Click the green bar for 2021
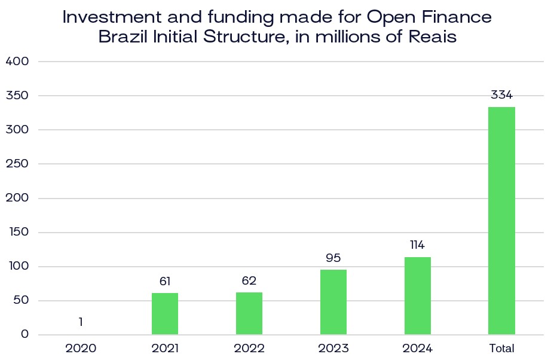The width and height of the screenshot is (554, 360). pos(165,313)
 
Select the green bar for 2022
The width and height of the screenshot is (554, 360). pos(249,313)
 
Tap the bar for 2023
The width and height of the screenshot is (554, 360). pos(333,302)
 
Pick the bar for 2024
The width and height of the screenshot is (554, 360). pos(418,295)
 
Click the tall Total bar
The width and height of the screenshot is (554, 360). pos(501,221)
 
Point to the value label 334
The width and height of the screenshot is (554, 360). pos(501,94)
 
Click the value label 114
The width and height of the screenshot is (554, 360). pos(418,245)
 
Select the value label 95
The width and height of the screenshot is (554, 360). pos(333,258)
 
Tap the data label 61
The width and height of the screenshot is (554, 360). pos(165,281)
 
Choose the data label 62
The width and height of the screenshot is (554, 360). pos(249,280)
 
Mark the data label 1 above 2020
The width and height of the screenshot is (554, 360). pos(81,322)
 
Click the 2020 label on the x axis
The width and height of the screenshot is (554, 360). pos(81,348)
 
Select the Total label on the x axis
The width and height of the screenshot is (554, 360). pos(501,348)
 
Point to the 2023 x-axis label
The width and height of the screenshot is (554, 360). pos(333,348)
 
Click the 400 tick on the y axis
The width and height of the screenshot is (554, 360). pos(17,61)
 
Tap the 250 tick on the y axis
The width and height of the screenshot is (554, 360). pos(17,163)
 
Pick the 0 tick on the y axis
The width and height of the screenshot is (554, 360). pos(25,334)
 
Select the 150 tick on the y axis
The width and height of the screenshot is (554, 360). pos(17,232)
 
